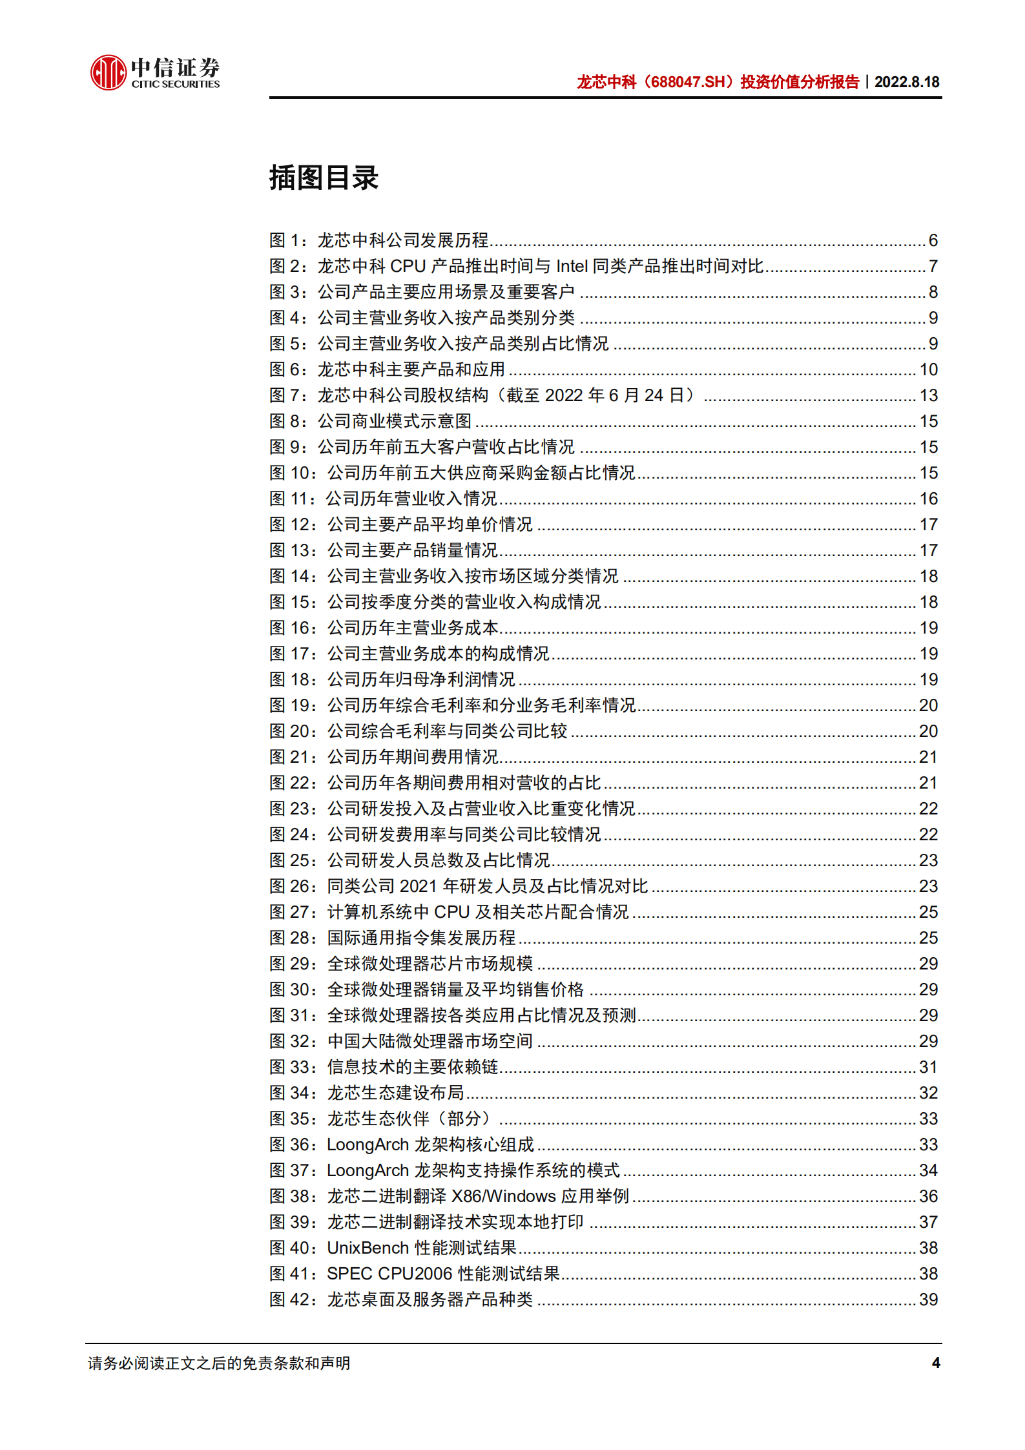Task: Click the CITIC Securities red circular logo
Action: tap(107, 72)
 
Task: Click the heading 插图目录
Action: tap(324, 178)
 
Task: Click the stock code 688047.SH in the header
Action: tap(688, 82)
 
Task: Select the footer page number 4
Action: tap(936, 1363)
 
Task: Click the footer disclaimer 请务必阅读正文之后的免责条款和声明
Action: tap(219, 1363)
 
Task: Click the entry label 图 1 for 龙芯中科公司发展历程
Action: tap(287, 240)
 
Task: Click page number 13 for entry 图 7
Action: tap(928, 395)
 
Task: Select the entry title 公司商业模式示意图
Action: tap(395, 421)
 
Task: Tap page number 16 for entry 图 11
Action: tap(928, 499)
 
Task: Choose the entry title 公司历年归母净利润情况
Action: tap(420, 679)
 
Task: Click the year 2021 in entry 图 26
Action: tap(419, 886)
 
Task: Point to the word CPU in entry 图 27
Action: tap(451, 912)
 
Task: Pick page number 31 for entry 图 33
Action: tap(928, 1067)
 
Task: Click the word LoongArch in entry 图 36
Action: tap(368, 1144)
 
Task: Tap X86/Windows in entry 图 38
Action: tap(503, 1196)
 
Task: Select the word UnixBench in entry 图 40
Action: tap(368, 1248)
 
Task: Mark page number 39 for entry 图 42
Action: tap(928, 1300)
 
